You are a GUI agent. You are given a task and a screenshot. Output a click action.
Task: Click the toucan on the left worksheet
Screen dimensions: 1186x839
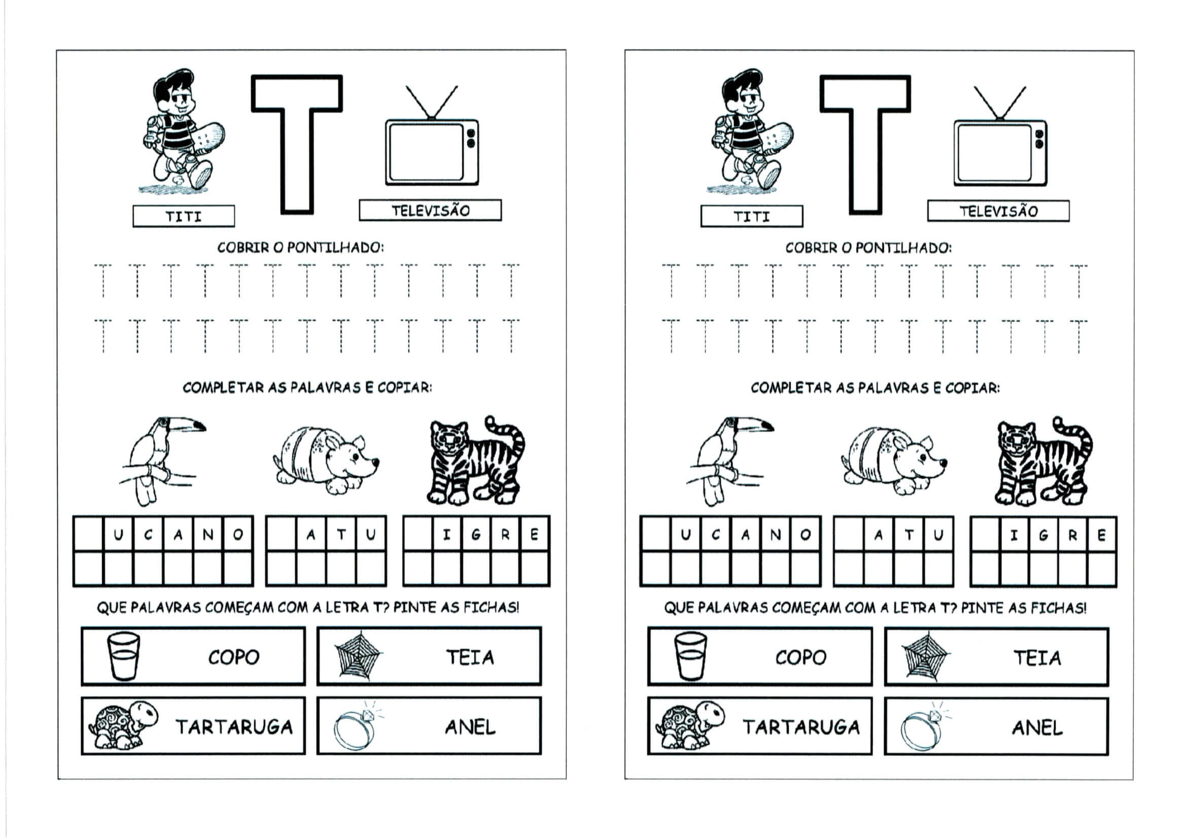point(160,460)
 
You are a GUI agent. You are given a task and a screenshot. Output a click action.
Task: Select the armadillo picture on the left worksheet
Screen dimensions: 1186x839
point(326,460)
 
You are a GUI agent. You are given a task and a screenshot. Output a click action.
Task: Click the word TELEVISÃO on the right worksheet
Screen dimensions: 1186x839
point(998,212)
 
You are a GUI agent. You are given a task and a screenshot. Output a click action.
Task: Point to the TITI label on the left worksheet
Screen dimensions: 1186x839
point(183,217)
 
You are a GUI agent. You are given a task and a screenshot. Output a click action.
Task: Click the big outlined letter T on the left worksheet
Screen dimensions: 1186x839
point(297,144)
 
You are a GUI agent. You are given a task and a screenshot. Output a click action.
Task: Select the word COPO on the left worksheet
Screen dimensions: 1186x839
point(233,657)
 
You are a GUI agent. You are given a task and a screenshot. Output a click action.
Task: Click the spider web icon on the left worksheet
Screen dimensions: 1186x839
point(358,655)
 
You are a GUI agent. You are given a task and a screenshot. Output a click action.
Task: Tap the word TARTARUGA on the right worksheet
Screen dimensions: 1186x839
point(801,727)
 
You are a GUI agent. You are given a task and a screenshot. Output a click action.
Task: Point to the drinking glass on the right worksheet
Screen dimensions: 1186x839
point(690,656)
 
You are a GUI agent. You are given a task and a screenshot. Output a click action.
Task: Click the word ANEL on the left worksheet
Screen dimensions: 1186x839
point(470,727)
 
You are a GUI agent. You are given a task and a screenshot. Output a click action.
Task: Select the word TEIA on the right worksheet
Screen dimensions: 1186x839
point(1037,658)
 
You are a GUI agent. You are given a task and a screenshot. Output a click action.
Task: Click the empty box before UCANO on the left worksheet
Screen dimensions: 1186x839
point(89,534)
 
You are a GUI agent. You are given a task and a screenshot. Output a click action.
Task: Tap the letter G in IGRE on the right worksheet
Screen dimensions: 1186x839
point(1043,535)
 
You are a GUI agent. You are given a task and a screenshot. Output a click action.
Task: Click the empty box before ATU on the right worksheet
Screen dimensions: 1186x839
point(849,534)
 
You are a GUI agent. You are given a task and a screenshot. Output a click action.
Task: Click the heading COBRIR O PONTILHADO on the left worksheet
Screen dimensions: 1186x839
point(301,248)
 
